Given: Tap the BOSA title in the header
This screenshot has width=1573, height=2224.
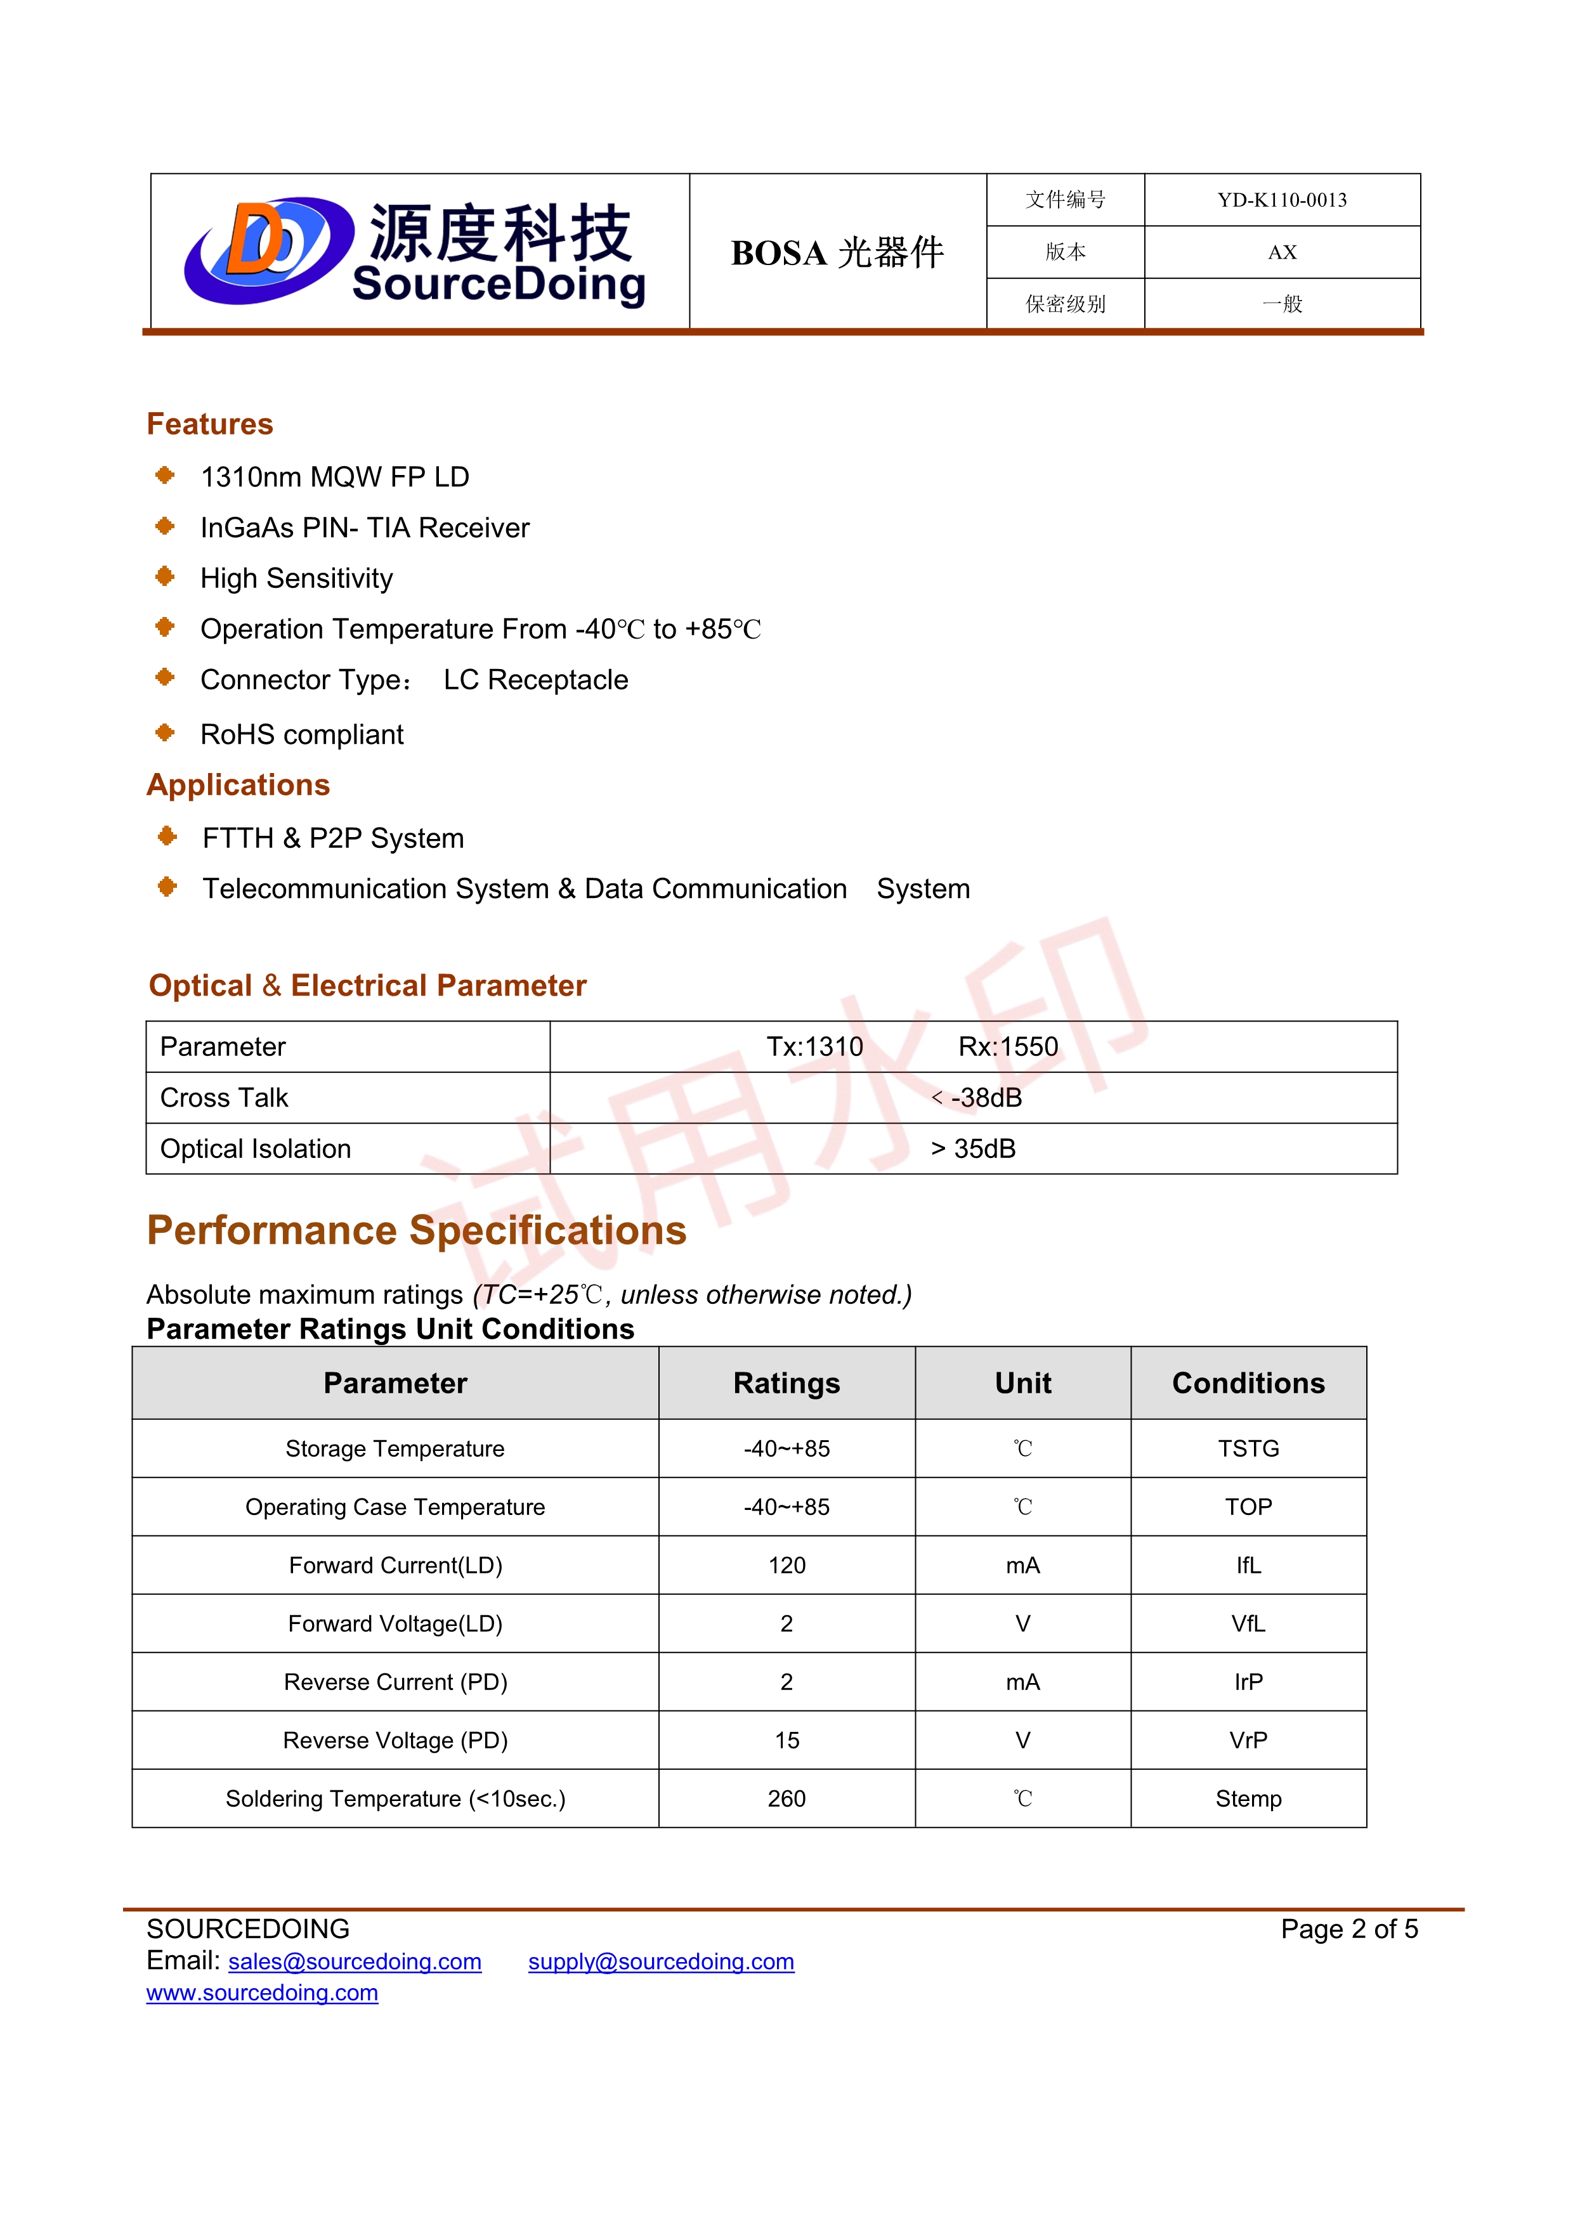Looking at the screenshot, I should pos(837,253).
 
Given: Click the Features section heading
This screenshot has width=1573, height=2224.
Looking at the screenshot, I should pos(210,424).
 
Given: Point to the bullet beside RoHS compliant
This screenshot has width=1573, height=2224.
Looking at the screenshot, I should pos(166,732).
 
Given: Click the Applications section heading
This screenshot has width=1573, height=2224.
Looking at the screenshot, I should pos(238,784).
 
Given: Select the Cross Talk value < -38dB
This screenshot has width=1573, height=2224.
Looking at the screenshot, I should pos(976,1098).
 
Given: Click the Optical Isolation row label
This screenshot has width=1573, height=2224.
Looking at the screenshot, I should pos(256,1149).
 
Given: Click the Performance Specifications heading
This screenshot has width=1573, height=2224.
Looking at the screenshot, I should pos(417,1230).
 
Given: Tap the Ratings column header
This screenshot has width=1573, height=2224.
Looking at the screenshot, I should pos(786,1383).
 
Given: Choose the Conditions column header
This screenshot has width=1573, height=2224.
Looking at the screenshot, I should pos(1248,1383).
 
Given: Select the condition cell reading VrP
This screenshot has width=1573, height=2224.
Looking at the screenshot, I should pos(1248,1741).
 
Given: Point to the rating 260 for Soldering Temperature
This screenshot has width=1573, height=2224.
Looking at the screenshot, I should pos(786,1798).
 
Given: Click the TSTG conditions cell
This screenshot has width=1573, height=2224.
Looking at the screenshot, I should pos(1248,1449).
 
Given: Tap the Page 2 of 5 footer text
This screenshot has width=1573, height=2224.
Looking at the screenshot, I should pos(1348,1930).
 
